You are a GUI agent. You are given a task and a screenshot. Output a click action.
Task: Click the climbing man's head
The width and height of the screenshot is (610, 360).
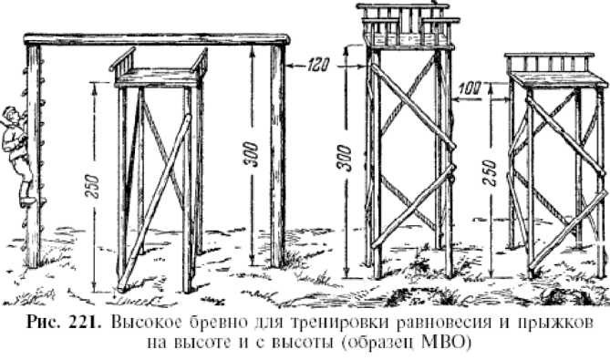8,117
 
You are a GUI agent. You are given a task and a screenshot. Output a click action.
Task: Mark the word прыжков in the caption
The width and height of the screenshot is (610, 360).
565,325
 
